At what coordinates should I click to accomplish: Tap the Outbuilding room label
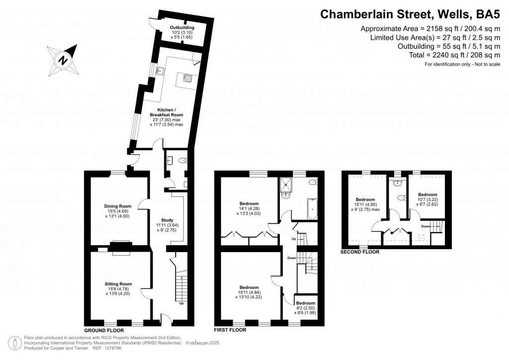[182, 27]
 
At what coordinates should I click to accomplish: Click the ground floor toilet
[182, 160]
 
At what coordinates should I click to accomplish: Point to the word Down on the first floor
[292, 258]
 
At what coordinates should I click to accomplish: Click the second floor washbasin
[396, 183]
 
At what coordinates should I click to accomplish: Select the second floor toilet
[401, 197]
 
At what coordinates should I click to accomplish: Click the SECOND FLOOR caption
[360, 252]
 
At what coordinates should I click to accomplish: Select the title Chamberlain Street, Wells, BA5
[410, 14]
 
